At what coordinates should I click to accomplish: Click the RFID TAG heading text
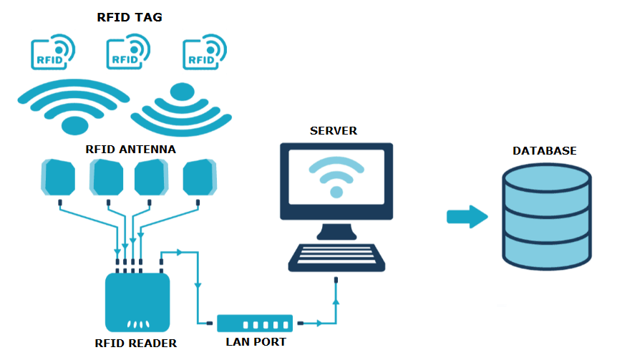point(130,17)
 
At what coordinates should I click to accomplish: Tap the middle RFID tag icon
point(127,54)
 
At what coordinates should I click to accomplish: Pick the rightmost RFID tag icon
point(203,54)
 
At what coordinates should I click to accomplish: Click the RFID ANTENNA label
point(130,149)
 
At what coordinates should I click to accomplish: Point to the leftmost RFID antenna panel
point(59,177)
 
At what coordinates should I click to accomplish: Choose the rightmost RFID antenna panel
point(199,177)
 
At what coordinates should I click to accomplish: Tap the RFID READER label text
point(136,343)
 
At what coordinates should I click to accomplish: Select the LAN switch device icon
point(255,323)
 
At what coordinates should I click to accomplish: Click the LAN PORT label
point(256,342)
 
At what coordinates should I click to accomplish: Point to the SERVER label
point(334,131)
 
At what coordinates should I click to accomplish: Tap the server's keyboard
point(335,257)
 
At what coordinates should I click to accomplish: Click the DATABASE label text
point(545,151)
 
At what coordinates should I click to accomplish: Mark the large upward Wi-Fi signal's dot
point(75,125)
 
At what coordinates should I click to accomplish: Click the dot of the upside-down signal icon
point(183,91)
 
